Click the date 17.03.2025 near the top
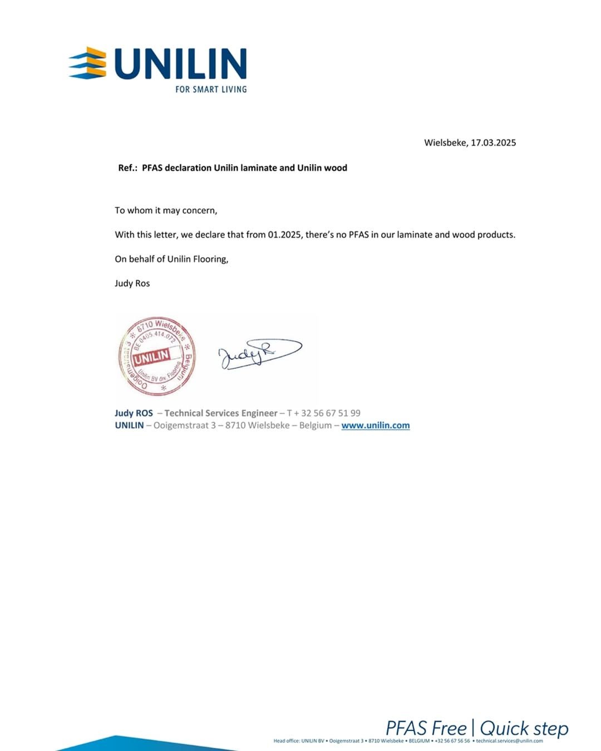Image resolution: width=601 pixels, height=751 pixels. [494, 142]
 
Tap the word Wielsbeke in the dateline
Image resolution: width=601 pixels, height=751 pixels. [445, 142]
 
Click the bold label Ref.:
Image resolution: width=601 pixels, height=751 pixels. [127, 168]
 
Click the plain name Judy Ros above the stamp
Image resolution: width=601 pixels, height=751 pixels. [132, 283]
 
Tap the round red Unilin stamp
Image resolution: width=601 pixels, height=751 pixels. [157, 356]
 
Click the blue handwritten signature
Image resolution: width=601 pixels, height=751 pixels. [259, 354]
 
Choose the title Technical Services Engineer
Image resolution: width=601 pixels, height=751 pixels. [221, 413]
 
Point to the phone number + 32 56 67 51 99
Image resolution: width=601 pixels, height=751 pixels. [324, 413]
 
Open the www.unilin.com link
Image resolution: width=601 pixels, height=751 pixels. [376, 426]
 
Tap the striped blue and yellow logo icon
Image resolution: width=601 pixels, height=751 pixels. [88, 63]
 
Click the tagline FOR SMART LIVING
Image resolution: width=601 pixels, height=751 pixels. [211, 89]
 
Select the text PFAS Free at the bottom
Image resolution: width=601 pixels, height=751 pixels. [426, 728]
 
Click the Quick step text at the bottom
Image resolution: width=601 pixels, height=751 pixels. [524, 728]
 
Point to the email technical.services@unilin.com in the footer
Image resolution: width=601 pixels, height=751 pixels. [509, 741]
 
